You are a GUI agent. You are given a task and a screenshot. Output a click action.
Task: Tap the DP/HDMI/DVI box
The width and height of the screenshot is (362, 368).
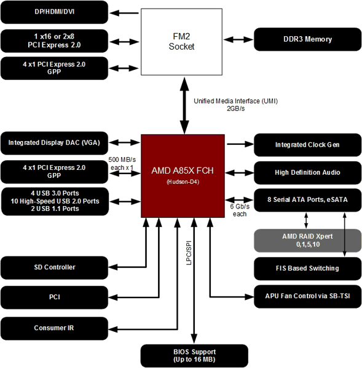[x=55, y=12]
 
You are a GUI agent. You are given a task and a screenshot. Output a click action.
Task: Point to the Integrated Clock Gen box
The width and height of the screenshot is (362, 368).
[x=307, y=145]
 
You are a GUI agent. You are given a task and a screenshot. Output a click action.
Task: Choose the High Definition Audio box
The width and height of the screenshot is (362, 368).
[x=307, y=172]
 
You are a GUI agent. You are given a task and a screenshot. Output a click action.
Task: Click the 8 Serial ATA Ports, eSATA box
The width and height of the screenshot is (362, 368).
[x=307, y=200]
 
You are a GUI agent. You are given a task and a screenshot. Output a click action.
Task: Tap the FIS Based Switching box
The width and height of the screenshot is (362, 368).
[x=307, y=268]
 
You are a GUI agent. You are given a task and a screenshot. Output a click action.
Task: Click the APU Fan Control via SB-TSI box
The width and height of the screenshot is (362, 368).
[x=307, y=296]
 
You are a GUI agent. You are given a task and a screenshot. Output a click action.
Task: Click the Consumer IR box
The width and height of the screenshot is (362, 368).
[x=55, y=328]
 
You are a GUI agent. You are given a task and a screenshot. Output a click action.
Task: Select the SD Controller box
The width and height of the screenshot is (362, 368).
[x=55, y=267]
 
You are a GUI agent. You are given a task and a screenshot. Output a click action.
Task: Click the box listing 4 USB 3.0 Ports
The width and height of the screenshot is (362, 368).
[x=55, y=200]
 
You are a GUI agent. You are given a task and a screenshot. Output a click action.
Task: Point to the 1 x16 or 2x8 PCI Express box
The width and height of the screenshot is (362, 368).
[x=55, y=40]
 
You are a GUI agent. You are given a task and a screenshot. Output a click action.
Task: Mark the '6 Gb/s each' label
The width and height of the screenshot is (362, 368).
[x=239, y=210]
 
